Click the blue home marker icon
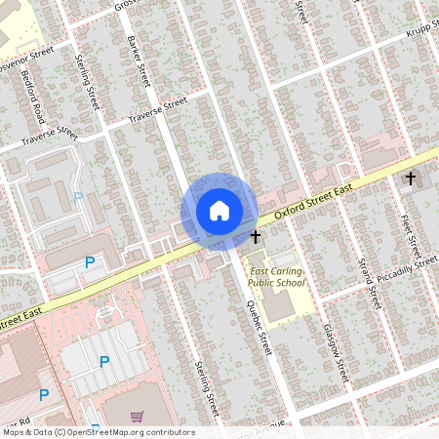(x=219, y=210)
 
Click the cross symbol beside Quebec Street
(x=256, y=237)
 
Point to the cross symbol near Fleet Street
(x=411, y=179)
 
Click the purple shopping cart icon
(x=136, y=417)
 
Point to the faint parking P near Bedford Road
(x=78, y=198)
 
